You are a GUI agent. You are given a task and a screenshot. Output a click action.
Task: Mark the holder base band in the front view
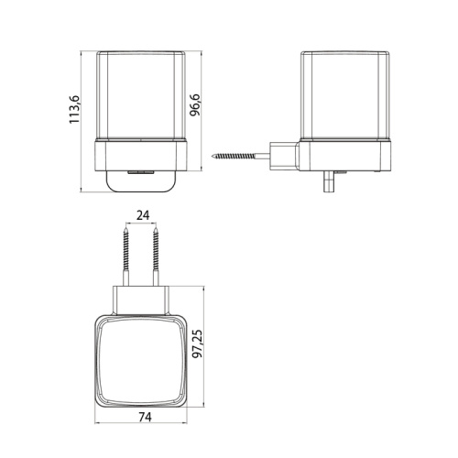141,156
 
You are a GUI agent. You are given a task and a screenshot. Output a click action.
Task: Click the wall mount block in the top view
141,295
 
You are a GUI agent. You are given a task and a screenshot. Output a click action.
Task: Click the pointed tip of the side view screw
214,156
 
